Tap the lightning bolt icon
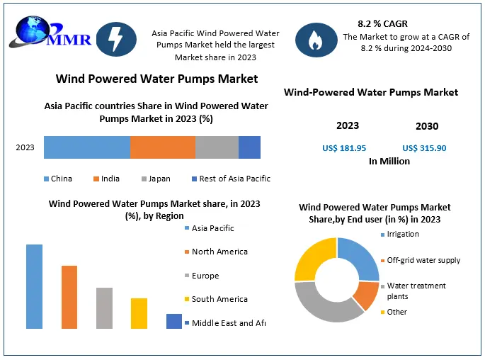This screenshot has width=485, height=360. tap(115, 40)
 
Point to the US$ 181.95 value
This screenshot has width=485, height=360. tap(344, 148)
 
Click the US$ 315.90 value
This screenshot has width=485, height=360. tap(424, 148)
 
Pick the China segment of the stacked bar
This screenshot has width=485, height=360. tap(86, 147)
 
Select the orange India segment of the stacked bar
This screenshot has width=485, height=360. tap(162, 147)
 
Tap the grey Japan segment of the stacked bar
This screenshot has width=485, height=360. tap(217, 147)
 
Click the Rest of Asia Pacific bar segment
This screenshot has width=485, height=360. tap(249, 147)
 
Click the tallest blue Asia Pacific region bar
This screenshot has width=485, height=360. tap(34, 286)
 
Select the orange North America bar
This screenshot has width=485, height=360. tap(69, 297)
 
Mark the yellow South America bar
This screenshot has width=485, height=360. tap(139, 313)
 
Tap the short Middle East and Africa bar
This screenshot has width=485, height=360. tap(174, 321)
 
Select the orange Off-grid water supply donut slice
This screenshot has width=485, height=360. tap(367, 293)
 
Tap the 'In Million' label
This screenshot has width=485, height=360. tap(389, 162)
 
